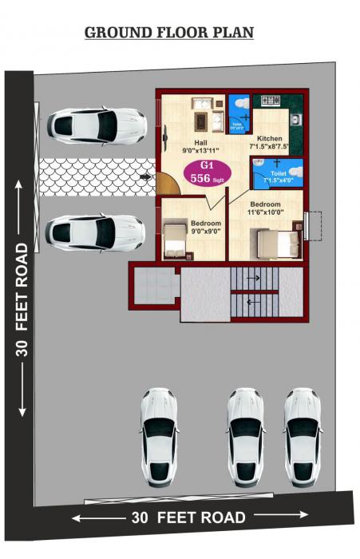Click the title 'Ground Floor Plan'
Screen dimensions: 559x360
[x=169, y=33]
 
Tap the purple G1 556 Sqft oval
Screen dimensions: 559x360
[x=207, y=173]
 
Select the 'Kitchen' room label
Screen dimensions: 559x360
[x=270, y=137]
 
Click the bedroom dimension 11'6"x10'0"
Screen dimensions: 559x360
[x=265, y=212]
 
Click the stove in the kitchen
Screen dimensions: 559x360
[x=269, y=101]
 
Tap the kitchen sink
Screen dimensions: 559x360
[x=294, y=120]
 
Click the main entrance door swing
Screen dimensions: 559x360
[x=167, y=182]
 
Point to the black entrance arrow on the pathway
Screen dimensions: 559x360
[x=145, y=175]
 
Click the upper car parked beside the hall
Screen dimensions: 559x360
[x=96, y=125]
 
